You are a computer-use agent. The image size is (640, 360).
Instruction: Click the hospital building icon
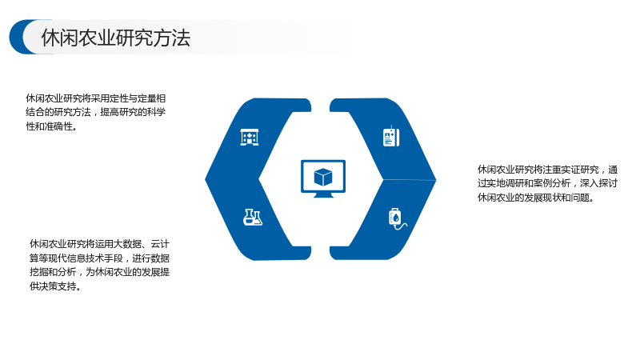click(250, 137)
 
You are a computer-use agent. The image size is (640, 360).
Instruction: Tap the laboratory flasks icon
click(253, 217)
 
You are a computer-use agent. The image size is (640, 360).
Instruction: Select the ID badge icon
click(391, 137)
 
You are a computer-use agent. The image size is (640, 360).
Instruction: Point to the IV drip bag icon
click(397, 219)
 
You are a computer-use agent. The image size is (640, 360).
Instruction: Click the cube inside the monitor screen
click(323, 177)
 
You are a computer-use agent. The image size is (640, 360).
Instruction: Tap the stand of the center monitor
click(323, 195)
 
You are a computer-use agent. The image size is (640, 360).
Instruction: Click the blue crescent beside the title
click(19, 37)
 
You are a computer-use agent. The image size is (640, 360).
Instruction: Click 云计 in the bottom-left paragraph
click(160, 244)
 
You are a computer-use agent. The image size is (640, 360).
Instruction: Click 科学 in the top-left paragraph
click(156, 112)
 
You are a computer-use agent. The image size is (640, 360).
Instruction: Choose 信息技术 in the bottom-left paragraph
click(86, 258)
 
